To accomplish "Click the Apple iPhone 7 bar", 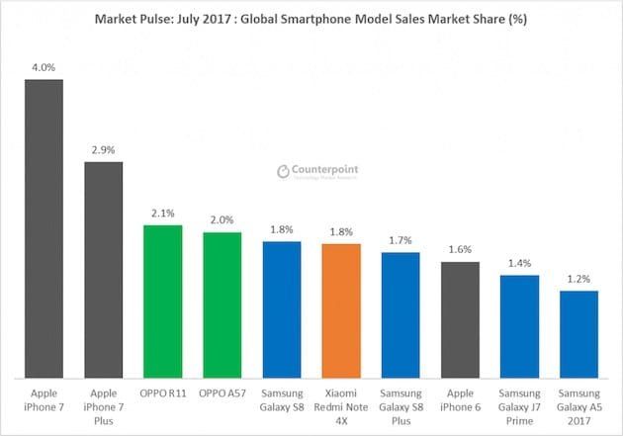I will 44,228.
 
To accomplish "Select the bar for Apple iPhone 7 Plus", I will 103,269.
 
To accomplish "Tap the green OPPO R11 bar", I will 162,301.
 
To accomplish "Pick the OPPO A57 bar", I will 222,305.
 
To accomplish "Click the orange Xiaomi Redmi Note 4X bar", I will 341,309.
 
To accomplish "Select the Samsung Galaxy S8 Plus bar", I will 400,314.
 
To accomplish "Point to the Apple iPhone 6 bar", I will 460,319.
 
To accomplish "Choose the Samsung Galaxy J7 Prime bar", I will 519,326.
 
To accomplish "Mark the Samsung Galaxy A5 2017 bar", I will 578,334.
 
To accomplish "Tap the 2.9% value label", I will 103,150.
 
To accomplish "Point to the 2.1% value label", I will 162,214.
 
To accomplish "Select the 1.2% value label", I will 578,280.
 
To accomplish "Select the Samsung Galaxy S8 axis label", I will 282,398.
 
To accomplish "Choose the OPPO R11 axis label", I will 162,392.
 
